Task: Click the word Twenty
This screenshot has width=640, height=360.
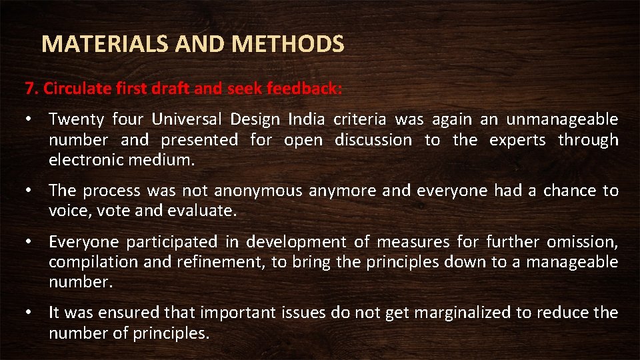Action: click(x=76, y=120)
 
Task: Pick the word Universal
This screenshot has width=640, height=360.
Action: click(x=187, y=120)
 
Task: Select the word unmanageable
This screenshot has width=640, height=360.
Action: click(x=562, y=120)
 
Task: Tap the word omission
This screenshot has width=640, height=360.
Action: click(x=583, y=242)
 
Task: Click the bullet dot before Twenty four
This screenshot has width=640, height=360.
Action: click(x=29, y=120)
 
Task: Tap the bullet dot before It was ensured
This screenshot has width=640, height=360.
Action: click(x=29, y=313)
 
